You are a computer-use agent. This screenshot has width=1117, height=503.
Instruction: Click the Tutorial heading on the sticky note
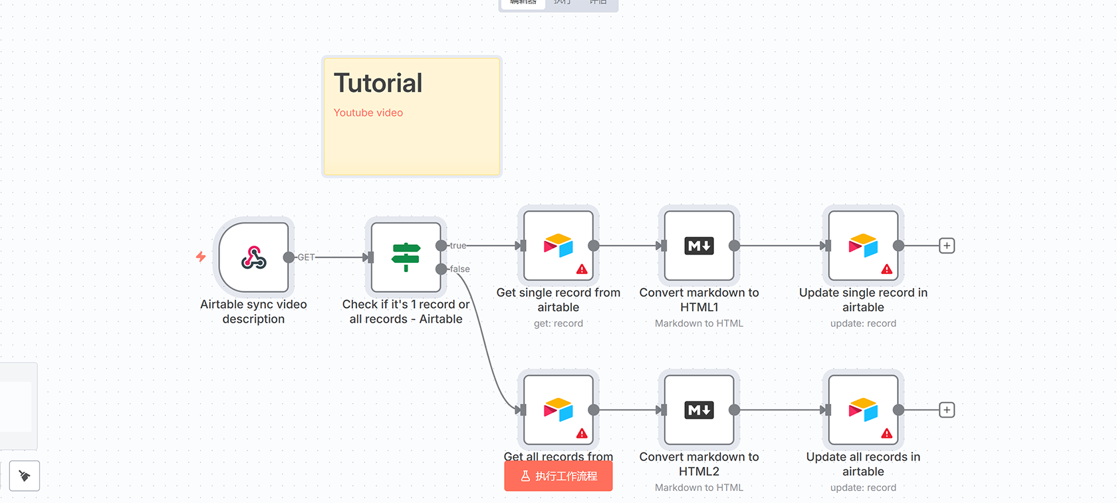click(378, 84)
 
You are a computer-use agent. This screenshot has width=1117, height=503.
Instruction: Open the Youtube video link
click(368, 113)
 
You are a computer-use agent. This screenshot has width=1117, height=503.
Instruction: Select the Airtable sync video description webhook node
click(254, 257)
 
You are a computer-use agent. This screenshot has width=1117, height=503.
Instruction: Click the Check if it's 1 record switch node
click(406, 257)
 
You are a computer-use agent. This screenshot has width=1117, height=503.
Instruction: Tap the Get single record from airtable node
click(558, 246)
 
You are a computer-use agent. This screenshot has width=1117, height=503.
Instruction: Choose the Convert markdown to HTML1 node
click(699, 246)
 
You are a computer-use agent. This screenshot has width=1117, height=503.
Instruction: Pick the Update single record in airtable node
click(863, 246)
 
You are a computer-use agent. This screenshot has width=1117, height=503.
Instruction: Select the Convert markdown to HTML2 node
click(699, 410)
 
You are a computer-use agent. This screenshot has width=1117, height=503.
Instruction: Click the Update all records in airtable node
click(863, 410)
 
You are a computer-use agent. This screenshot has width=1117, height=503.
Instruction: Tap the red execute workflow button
click(558, 476)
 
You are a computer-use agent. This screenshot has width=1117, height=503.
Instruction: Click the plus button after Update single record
click(947, 246)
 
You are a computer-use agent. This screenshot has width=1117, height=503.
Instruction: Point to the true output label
click(458, 246)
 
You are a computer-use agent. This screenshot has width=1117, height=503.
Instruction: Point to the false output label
click(459, 269)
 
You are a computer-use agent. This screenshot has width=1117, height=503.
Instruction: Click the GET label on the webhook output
click(306, 257)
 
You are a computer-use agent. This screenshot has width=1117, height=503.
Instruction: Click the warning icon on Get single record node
click(582, 269)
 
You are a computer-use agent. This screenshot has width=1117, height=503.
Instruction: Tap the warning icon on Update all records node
click(887, 434)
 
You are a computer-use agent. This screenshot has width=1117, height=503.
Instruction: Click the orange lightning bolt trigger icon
click(201, 257)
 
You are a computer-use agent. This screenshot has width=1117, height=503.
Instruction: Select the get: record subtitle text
click(558, 324)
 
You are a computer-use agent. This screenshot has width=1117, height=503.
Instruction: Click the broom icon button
click(25, 476)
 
